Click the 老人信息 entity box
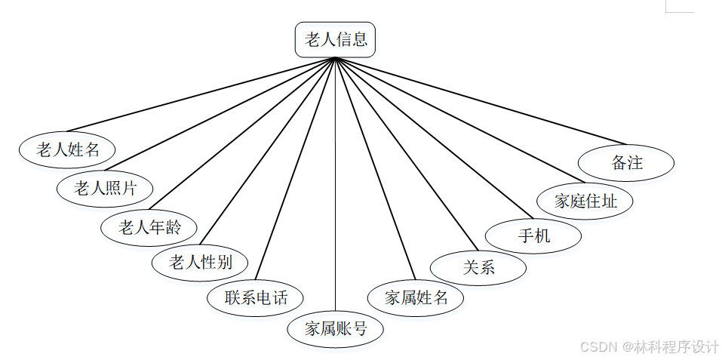point(335,40)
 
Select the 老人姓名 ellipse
point(68,149)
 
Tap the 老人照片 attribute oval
point(105,188)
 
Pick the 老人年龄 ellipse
point(149,226)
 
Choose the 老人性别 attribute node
point(200,263)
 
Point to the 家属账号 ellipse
point(336,329)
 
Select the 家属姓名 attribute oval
point(416,297)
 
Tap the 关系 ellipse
point(478,267)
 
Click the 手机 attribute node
point(533,235)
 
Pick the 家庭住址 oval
point(585,201)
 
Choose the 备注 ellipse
point(626,162)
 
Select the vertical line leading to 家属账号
point(335,189)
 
